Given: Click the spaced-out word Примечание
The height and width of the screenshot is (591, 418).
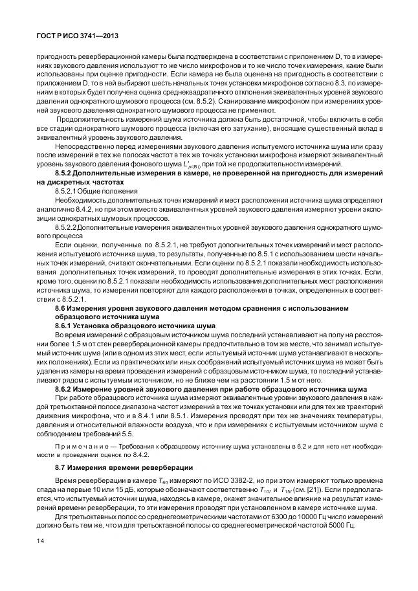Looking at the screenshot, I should click(x=80, y=446).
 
